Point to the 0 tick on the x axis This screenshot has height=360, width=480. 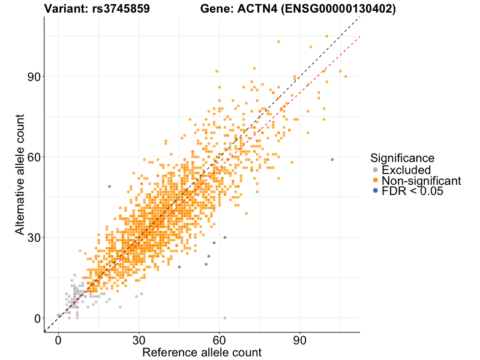click(58, 340)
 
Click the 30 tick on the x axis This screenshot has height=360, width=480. click(139, 340)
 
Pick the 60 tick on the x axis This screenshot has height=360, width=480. click(220, 340)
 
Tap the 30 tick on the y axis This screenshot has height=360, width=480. click(33, 238)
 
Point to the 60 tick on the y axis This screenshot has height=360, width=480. click(33, 157)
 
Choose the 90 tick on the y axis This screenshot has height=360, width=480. click(33, 77)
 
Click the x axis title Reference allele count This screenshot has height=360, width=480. click(202, 352)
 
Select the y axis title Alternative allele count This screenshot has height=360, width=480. click(20, 174)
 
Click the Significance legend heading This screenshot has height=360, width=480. click(402, 158)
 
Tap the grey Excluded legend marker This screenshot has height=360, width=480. click(375, 170)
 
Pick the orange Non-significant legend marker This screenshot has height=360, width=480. click(375, 181)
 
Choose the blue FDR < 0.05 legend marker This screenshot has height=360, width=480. click(375, 191)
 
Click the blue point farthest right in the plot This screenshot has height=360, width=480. click(332, 160)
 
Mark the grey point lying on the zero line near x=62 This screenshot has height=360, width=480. click(225, 318)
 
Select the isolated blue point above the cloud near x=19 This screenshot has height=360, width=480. click(109, 187)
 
